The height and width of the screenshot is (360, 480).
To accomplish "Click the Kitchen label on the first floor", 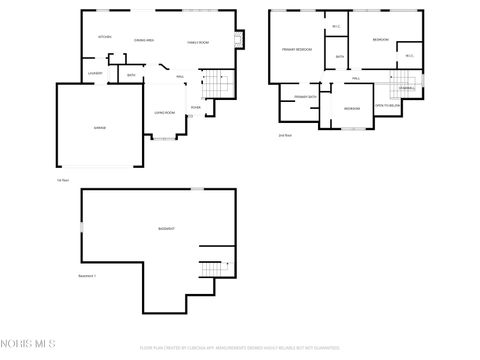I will [104, 37].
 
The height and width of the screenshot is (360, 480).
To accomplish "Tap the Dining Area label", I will [144, 41].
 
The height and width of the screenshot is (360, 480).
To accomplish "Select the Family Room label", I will [198, 43].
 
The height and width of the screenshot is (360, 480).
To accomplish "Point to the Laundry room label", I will [95, 73].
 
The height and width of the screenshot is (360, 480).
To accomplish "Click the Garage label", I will [100, 129].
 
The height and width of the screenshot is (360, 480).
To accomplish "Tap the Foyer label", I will [196, 106].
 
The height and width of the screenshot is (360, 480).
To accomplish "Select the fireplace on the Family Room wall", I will [236, 40].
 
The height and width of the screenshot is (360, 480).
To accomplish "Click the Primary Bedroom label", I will [296, 49].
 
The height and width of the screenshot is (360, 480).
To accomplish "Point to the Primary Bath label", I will [305, 96].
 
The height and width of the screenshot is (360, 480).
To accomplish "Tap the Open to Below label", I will [387, 105].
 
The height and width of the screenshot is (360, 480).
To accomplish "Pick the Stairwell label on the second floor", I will [405, 88].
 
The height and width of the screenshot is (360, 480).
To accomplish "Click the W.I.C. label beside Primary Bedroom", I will [336, 26].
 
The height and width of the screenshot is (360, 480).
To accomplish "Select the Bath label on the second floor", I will [340, 56].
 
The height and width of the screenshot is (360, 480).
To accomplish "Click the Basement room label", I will [166, 229].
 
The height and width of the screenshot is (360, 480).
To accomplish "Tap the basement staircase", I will [211, 268].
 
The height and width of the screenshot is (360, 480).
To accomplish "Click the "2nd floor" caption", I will [286, 135].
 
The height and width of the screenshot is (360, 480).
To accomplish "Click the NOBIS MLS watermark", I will [30, 345].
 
